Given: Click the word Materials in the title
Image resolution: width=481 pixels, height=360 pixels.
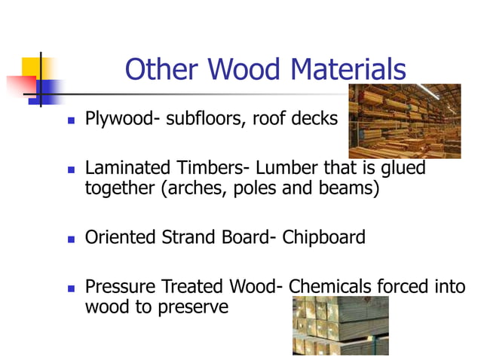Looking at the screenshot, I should (348, 70).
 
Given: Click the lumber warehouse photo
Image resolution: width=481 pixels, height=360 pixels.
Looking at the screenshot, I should (404, 121).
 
